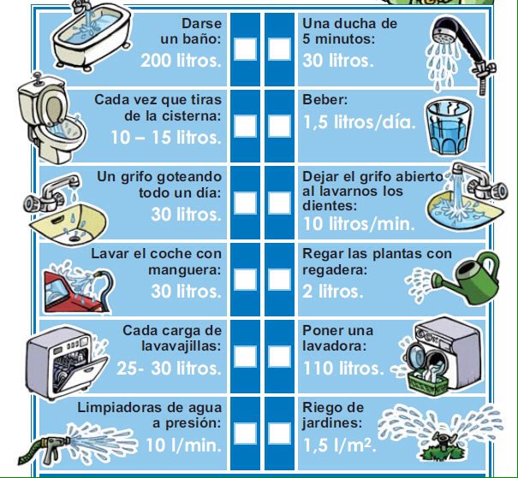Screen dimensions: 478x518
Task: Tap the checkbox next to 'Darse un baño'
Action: pos(245,49)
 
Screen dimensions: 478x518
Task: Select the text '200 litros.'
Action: pos(181,62)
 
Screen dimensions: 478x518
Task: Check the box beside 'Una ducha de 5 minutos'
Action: pos(278,49)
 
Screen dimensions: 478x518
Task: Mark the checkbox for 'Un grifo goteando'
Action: pos(245,203)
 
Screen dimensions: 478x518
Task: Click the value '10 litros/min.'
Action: pos(359,225)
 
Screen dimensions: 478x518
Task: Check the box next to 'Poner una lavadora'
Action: pos(278,357)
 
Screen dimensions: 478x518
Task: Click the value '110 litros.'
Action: pos(343,369)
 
